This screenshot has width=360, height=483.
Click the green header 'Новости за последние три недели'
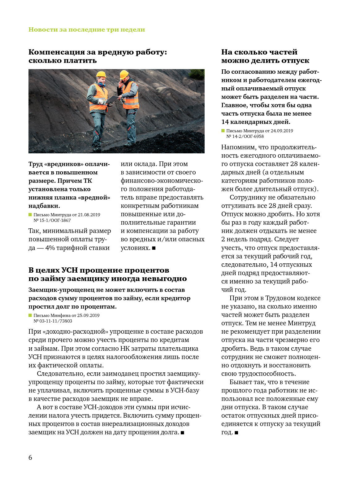click(87, 30)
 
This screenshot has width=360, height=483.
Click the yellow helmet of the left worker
click(101, 74)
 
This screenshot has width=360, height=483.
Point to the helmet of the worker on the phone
click(124, 74)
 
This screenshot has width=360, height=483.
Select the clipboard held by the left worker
click(112, 99)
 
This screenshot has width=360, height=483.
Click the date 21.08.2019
click(89, 215)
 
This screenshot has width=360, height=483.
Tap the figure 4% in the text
click(50, 248)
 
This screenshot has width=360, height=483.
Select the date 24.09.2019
click(282, 131)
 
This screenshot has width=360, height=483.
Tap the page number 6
click(30, 458)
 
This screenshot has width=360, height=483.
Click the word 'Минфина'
click(61, 315)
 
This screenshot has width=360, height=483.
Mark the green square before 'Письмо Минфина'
click(30, 315)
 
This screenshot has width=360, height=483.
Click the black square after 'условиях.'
click(154, 248)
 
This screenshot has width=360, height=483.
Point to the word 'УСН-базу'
click(185, 390)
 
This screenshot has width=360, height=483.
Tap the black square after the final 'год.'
click(236, 433)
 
